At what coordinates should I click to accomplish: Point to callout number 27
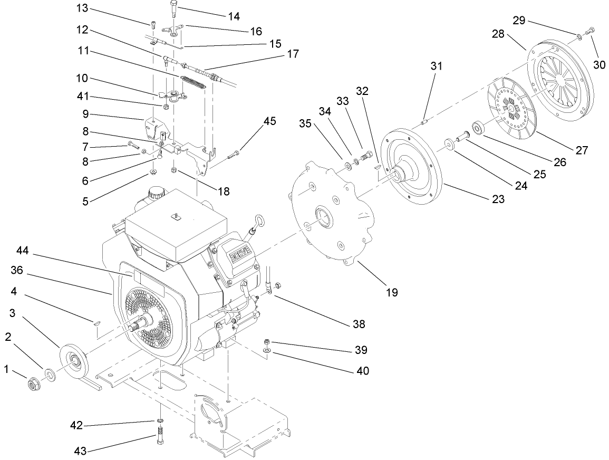(x=581, y=150)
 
